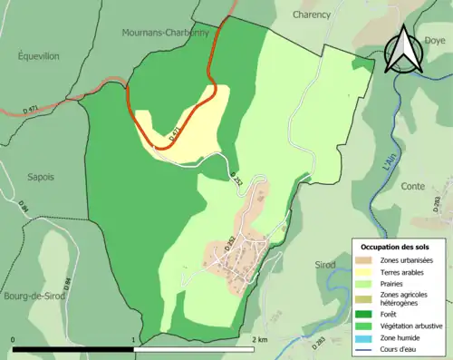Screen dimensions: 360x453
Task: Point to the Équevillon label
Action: click(37, 55)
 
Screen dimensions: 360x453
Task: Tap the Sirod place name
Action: click(326, 265)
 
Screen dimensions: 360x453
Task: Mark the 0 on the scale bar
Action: click(14, 340)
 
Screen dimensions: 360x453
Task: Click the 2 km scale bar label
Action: click(261, 340)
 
